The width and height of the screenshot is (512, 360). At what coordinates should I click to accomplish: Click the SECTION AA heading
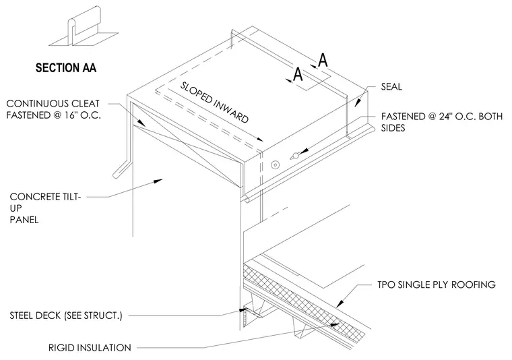pyautogui.click(x=66, y=67)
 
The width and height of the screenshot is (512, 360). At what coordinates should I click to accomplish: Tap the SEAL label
pyautogui.click(x=391, y=86)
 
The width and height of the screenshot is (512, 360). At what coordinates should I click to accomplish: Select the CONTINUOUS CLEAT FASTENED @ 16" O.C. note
pyautogui.click(x=53, y=109)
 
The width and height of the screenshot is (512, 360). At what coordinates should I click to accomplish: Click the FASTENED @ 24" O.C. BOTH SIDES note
pyautogui.click(x=441, y=122)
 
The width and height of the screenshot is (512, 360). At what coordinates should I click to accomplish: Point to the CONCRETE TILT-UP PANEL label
pyautogui.click(x=45, y=208)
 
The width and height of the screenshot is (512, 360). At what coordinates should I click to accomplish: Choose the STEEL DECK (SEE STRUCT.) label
pyautogui.click(x=66, y=316)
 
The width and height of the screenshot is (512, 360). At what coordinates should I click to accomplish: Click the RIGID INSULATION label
pyautogui.click(x=90, y=348)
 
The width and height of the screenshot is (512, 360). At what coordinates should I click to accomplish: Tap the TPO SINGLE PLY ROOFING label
pyautogui.click(x=437, y=284)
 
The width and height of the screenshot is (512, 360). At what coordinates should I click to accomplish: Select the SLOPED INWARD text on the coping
pyautogui.click(x=214, y=102)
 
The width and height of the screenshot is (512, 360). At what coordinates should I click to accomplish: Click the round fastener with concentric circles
pyautogui.click(x=276, y=165)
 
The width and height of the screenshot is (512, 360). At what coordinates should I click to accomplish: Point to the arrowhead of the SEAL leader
pyautogui.click(x=358, y=102)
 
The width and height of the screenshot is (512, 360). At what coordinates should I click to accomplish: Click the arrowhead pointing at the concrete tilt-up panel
pyautogui.click(x=158, y=181)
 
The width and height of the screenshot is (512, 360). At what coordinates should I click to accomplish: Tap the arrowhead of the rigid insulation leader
pyautogui.click(x=335, y=324)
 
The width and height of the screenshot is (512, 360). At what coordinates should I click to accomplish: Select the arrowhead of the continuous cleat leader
pyautogui.click(x=141, y=123)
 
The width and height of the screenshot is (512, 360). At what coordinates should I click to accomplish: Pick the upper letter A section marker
pyautogui.click(x=323, y=60)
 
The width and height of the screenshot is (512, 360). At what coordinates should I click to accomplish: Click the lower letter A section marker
pyautogui.click(x=298, y=74)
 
